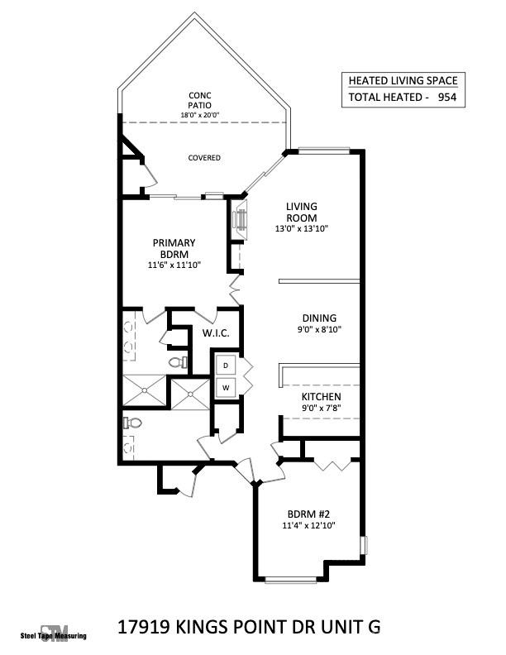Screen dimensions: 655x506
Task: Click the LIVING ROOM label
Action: coord(302,212)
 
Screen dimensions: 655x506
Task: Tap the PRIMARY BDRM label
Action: coord(174,248)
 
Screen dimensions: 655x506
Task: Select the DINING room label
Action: coord(319,318)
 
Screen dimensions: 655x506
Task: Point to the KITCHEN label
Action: coord(321,397)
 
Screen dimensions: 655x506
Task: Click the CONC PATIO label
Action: coord(200,100)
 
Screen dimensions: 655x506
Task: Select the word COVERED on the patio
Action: coord(204,158)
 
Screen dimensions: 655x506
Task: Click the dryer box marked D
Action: coord(226,365)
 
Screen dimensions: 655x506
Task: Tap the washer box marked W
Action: coord(226,387)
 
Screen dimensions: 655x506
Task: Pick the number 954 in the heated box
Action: coord(447,98)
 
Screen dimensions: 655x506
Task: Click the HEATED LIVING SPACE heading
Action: coord(403,81)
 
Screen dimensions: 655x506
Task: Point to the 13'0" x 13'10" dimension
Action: coord(302,229)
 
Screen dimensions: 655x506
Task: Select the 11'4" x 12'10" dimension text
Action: coord(311,525)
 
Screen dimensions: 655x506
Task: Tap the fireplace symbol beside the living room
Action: coord(240,219)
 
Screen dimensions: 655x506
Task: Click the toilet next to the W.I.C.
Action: coord(176,362)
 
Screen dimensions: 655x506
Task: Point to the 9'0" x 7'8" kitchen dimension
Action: coord(321,408)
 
